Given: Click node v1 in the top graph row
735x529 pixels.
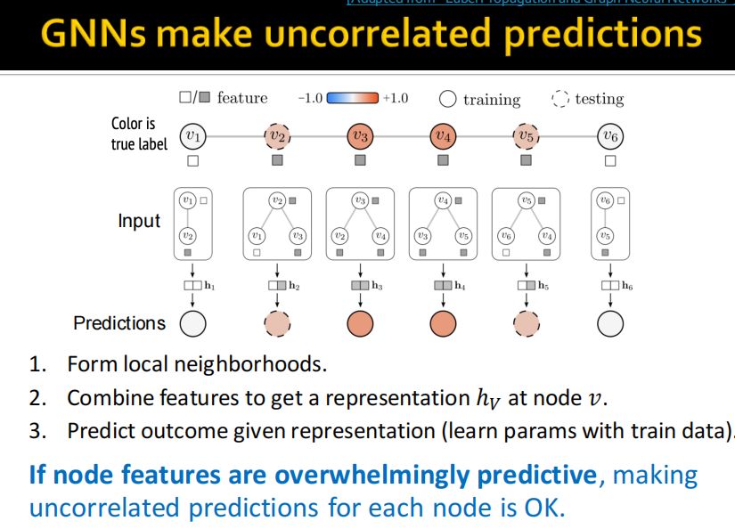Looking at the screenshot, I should [x=192, y=136].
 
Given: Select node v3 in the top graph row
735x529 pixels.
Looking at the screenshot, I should [x=360, y=136].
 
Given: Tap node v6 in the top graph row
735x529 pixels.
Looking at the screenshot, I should [x=610, y=136].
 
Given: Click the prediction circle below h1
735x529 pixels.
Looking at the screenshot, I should [x=192, y=324].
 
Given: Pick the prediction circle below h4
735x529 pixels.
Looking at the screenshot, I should [x=443, y=324].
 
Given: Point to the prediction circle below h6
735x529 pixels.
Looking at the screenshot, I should [x=610, y=324].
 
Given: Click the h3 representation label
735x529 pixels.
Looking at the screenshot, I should [x=378, y=286].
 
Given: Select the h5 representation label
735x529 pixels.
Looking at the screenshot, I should [x=544, y=286].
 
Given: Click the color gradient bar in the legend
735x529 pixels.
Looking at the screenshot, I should [x=353, y=98].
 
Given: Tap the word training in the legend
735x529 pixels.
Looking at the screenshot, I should [x=491, y=99].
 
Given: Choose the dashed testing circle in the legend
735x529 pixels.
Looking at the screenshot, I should [x=560, y=98].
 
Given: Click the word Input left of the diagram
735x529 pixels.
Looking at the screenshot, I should [x=139, y=221].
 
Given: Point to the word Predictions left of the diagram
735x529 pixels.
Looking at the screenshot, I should [x=119, y=323].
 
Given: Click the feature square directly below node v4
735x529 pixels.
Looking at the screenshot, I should [x=443, y=160].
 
